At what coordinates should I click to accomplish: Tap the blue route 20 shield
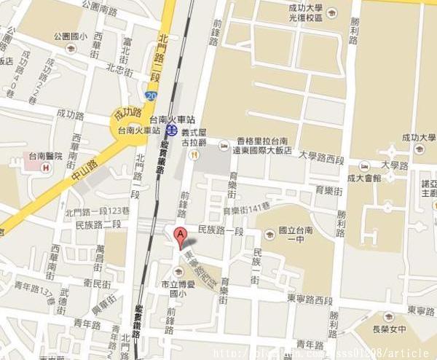pos(151,95)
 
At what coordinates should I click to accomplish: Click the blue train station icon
pos(171,130)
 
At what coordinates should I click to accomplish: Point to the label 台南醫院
pos(43,155)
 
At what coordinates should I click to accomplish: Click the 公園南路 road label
pos(100,9)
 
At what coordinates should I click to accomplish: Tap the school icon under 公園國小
pos(71,48)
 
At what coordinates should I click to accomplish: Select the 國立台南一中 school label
pos(295,236)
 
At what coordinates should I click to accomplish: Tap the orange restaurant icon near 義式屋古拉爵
pos(193,154)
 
